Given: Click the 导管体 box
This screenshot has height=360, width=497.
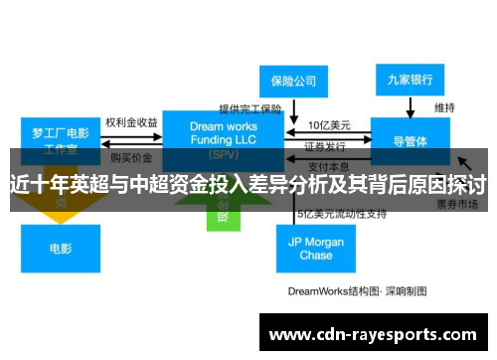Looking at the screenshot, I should [x=411, y=141].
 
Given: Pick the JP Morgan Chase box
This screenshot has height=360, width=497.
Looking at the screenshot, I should [x=315, y=249].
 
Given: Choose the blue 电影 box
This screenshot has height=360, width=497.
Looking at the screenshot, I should [x=60, y=248].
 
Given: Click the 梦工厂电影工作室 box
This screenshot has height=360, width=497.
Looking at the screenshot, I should [x=61, y=139].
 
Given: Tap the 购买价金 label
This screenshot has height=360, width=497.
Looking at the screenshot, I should [x=131, y=157].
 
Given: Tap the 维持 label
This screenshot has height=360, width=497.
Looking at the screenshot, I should [x=444, y=106].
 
